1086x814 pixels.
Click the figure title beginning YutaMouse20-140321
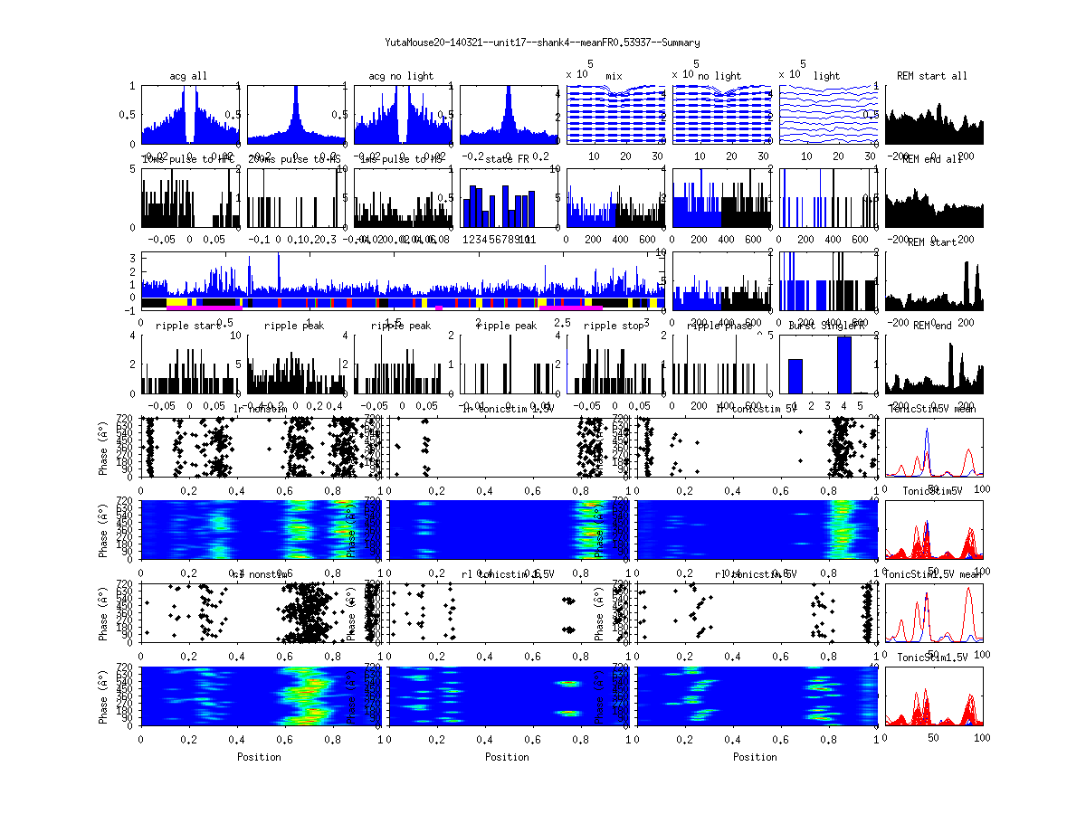(542, 43)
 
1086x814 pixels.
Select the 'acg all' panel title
(188, 76)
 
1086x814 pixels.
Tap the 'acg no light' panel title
(401, 76)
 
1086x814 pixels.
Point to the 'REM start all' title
(932, 76)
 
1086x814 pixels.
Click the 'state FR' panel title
(510, 159)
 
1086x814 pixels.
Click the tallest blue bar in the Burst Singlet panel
(844, 364)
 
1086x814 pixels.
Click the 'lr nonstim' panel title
(262, 410)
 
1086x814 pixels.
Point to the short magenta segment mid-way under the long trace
(439, 308)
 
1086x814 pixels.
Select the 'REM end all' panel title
(932, 159)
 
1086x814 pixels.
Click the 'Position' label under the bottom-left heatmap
(259, 757)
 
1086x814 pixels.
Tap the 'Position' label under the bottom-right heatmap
(756, 757)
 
